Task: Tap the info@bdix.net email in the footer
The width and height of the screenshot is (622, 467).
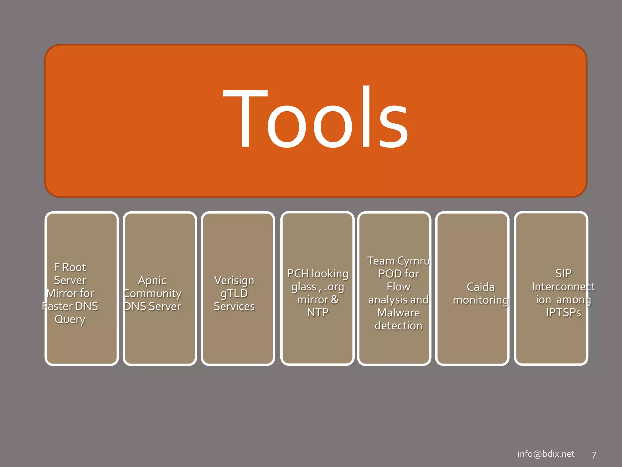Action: tap(546, 454)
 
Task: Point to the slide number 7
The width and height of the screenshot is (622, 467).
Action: tap(594, 455)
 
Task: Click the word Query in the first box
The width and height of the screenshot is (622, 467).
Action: tap(70, 320)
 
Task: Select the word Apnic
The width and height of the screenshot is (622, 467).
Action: tap(152, 280)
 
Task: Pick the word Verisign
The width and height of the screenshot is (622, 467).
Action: tap(234, 280)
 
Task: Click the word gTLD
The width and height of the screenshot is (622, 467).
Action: tap(234, 293)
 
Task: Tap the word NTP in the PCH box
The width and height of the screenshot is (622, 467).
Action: tap(318, 313)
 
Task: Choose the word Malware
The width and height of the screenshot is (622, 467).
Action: tap(398, 313)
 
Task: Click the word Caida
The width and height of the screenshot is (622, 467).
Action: tap(480, 287)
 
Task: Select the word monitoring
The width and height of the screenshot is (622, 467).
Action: tap(480, 300)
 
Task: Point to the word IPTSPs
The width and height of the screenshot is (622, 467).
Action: tap(563, 313)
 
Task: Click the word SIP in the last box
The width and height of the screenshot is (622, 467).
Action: tap(563, 274)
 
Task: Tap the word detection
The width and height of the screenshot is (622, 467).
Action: tap(398, 326)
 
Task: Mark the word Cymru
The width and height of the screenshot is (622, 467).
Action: tap(414, 261)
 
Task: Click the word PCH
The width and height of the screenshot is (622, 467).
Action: tap(298, 274)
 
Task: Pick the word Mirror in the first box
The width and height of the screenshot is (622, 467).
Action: tap(62, 293)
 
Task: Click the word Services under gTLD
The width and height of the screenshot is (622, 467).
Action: tap(234, 306)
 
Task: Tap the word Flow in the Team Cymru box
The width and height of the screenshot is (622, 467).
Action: tap(398, 287)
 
